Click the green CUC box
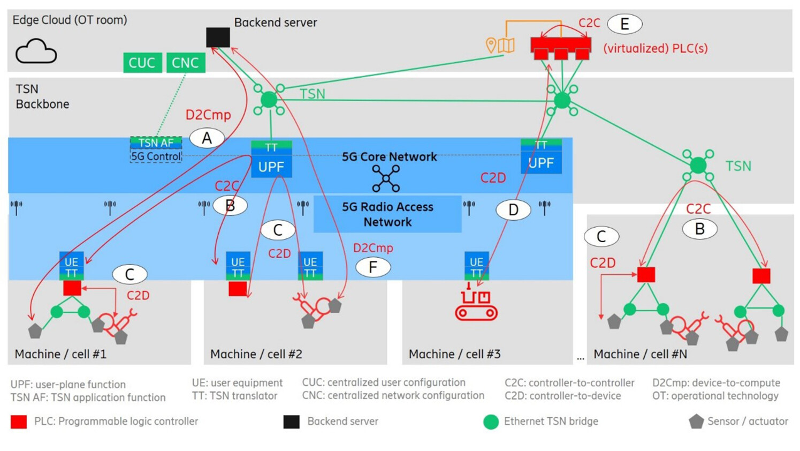click(142, 63)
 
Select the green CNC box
click(185, 63)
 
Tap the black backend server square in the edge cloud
click(218, 37)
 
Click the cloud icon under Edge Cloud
click(36, 52)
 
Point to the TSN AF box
click(156, 142)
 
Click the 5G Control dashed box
click(156, 156)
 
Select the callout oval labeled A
click(207, 138)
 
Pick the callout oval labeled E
click(624, 24)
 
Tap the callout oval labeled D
click(513, 210)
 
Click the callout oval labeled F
click(372, 267)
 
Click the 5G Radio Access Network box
click(387, 214)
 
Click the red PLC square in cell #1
click(72, 288)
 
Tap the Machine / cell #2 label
click(256, 354)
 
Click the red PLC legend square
click(19, 422)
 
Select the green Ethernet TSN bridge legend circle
click(491, 422)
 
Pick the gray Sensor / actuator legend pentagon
click(696, 422)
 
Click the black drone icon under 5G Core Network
click(386, 178)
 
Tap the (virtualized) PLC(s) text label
click(655, 48)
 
